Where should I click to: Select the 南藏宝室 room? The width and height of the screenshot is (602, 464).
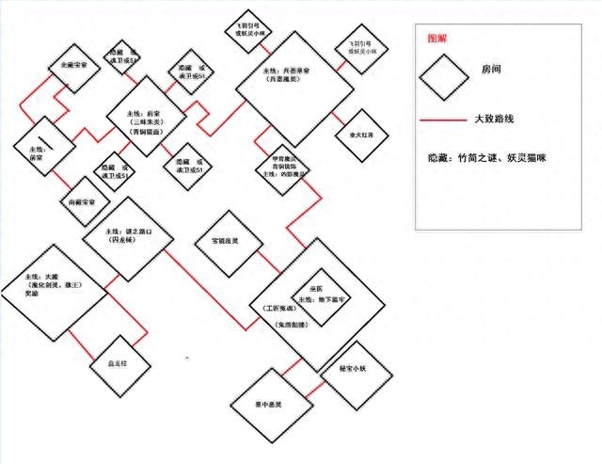pyautogui.click(x=83, y=201)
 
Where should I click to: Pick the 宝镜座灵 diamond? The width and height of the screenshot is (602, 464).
pyautogui.click(x=216, y=241)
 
